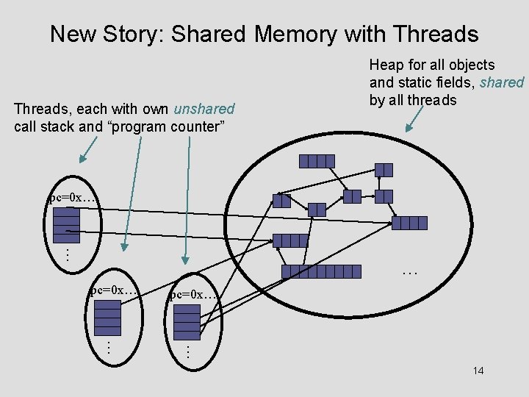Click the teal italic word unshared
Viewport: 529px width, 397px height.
tap(204, 110)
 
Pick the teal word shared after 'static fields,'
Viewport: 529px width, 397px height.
tap(502, 82)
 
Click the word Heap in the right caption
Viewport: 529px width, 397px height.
tap(386, 65)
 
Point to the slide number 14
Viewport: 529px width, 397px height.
tap(478, 371)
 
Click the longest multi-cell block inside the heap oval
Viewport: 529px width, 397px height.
tap(321, 271)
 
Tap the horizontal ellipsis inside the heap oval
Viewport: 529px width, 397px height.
tap(410, 273)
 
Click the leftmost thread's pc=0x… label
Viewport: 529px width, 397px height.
tap(72, 198)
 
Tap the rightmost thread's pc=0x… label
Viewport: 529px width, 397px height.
tap(192, 295)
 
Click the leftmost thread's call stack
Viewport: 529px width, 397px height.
tap(67, 225)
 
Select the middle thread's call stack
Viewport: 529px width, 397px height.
tap(108, 316)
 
